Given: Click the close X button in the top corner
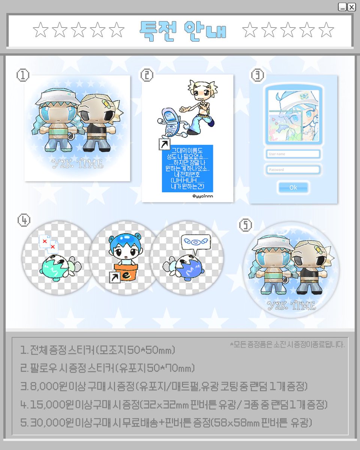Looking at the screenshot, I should pos(351,7).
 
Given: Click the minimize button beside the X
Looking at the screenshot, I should pos(342,7).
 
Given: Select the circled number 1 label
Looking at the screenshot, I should pos(23,75).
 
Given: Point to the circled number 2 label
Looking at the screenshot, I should pos(147,75).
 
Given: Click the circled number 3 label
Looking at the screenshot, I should pos(258,75).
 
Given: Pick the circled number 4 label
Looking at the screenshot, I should pos(24,220).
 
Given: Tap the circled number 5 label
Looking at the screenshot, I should pos(246,225).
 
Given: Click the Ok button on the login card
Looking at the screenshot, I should pos(293,187).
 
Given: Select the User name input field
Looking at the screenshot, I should pos(293,154).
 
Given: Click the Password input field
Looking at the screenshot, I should pos(293,169).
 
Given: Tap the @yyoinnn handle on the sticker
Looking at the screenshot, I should pos(202,196).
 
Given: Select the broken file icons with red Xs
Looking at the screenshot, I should pos(48,243).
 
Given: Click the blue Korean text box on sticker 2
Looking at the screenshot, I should pos(187,169).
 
